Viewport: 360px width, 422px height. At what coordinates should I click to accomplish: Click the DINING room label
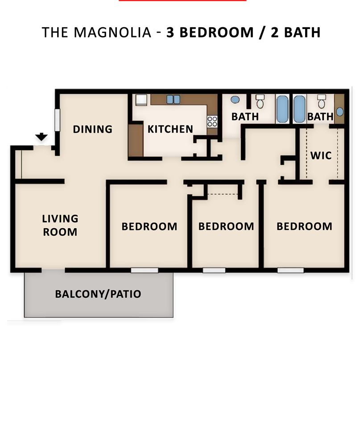coord(92,130)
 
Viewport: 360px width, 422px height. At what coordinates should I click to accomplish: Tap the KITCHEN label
coord(170,130)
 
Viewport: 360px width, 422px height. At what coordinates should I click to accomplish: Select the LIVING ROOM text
coord(60,226)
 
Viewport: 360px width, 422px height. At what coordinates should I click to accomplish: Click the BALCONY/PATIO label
coord(98,294)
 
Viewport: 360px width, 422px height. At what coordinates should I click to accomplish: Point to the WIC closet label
coord(321,156)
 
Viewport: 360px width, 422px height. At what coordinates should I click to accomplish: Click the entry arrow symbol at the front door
coord(42,138)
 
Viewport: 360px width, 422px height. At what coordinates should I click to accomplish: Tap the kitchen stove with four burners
coord(212,121)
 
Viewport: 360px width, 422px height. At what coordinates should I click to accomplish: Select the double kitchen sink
coord(174,99)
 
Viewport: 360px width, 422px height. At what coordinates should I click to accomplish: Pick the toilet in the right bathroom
coord(321,102)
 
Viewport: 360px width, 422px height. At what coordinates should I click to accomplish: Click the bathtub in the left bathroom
coord(282,109)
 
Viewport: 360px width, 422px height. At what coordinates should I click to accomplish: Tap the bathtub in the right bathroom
coord(299,109)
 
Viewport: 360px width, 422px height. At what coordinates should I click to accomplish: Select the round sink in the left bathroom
coord(236,100)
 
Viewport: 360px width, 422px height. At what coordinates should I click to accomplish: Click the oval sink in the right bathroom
coord(340,111)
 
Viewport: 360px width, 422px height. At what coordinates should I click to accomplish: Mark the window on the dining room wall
coord(57,120)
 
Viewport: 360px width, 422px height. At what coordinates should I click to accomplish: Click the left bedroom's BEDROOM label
coord(149,227)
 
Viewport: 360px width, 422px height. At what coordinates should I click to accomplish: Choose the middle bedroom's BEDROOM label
coord(226,226)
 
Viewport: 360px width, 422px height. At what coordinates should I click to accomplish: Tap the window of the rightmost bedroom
coord(290,270)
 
